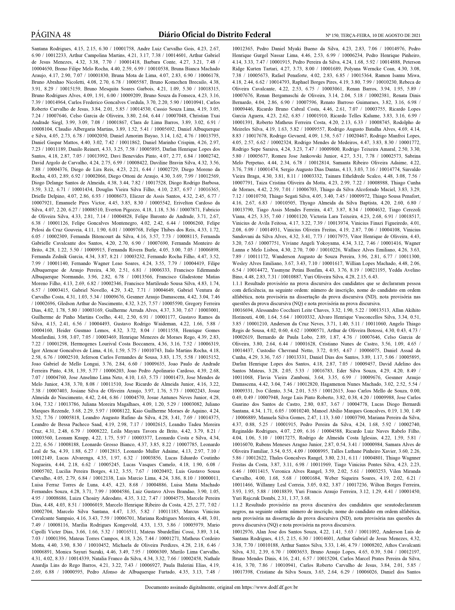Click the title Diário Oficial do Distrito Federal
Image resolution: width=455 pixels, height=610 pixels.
point(214,35)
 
